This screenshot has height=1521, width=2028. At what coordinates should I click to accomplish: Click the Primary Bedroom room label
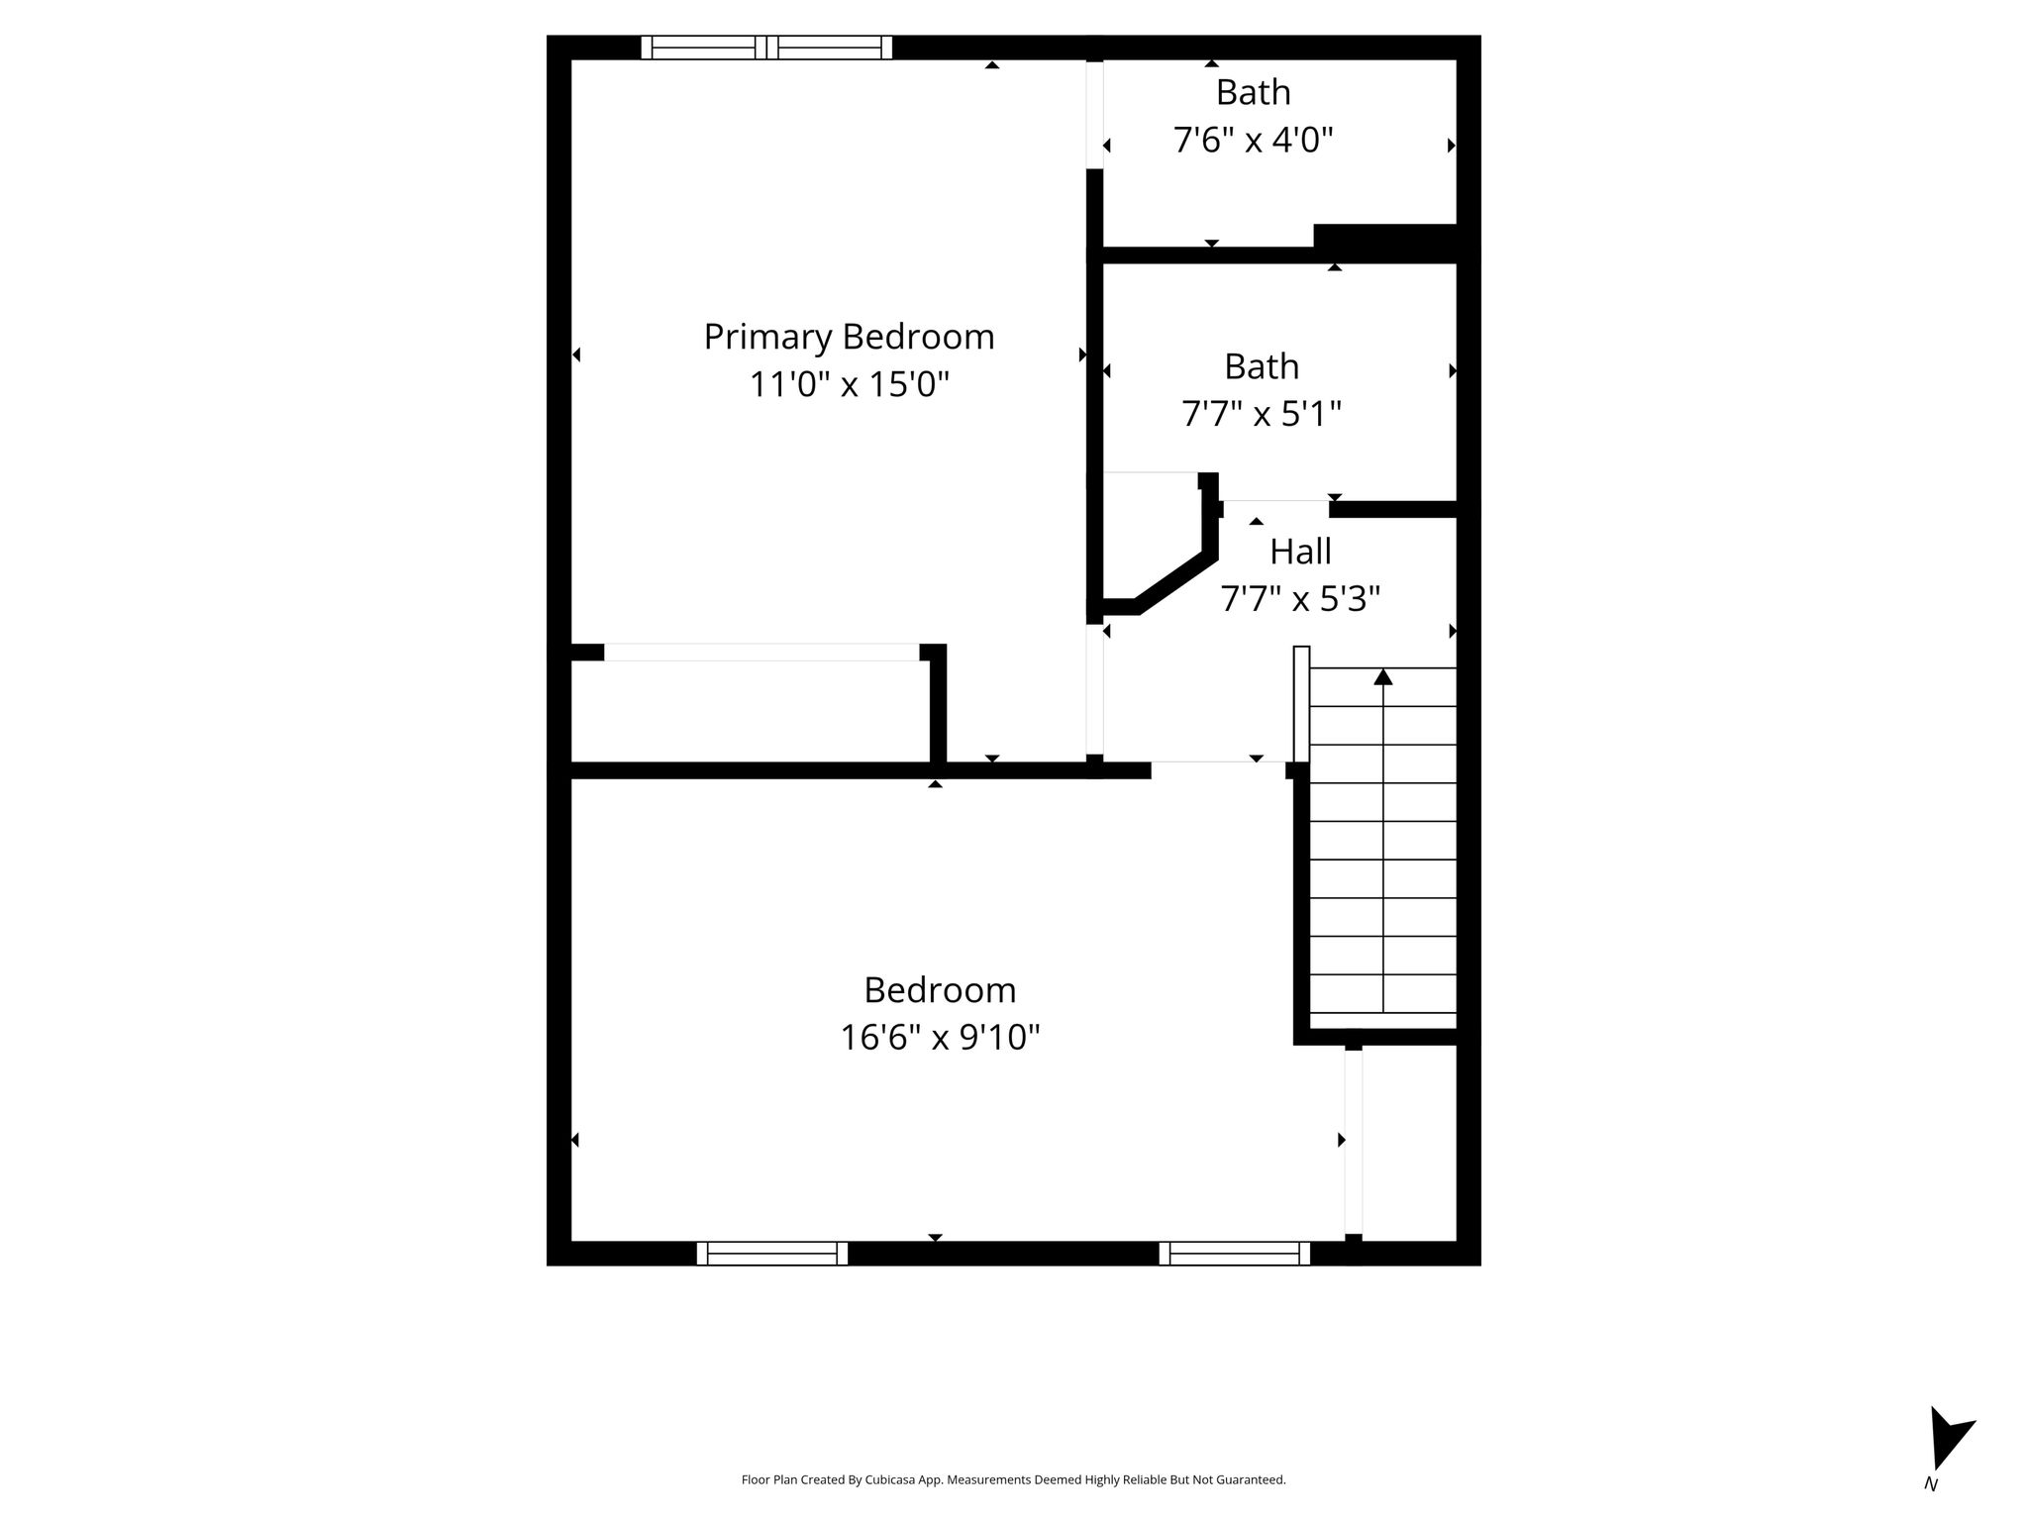tap(849, 338)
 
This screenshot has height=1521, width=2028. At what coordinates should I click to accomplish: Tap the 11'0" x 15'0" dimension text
tap(849, 384)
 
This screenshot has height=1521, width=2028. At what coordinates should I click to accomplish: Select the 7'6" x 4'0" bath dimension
tap(1254, 141)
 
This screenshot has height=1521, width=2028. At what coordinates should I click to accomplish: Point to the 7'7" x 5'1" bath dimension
tap(1262, 414)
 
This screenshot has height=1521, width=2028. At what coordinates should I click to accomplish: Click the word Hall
tap(1300, 552)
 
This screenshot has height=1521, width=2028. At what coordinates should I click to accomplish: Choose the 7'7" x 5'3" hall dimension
tap(1300, 599)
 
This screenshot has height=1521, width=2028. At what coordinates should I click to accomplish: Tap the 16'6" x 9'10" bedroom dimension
tap(940, 1038)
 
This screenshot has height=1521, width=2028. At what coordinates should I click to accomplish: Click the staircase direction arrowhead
tap(1383, 677)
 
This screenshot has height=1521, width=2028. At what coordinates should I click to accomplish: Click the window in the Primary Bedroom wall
tap(766, 48)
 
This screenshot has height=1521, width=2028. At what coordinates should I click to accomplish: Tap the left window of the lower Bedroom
tap(772, 1254)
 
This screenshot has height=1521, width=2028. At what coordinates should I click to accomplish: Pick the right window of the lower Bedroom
tap(1235, 1254)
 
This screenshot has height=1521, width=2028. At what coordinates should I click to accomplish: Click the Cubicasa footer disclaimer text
tap(1014, 1480)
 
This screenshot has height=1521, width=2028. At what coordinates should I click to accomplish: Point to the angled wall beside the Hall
tap(1176, 583)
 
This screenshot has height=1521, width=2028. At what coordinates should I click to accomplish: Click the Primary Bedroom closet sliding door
tap(761, 653)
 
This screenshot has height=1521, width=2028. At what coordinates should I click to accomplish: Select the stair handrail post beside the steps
tap(1301, 704)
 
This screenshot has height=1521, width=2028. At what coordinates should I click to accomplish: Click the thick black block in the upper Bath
tap(1385, 237)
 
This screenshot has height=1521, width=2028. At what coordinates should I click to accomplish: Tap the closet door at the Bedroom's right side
tap(1354, 1143)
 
